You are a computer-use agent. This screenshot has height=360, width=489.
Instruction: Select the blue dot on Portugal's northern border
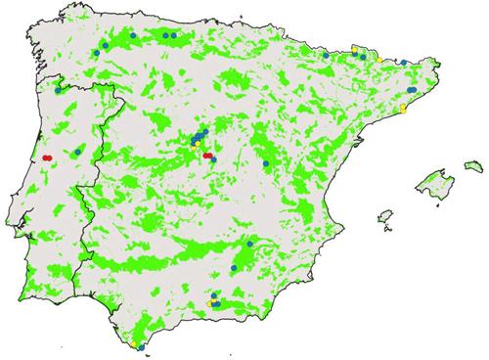[x=58, y=89]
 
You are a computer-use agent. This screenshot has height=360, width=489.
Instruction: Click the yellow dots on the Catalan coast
[x=403, y=107]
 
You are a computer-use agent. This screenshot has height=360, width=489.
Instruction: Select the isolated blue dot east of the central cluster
[x=266, y=162]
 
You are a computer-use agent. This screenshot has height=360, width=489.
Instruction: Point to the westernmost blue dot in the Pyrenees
[x=325, y=55]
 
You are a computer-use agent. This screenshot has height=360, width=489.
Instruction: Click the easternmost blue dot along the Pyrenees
[x=403, y=62]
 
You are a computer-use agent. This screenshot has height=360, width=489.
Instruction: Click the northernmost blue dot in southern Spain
[x=251, y=242]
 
